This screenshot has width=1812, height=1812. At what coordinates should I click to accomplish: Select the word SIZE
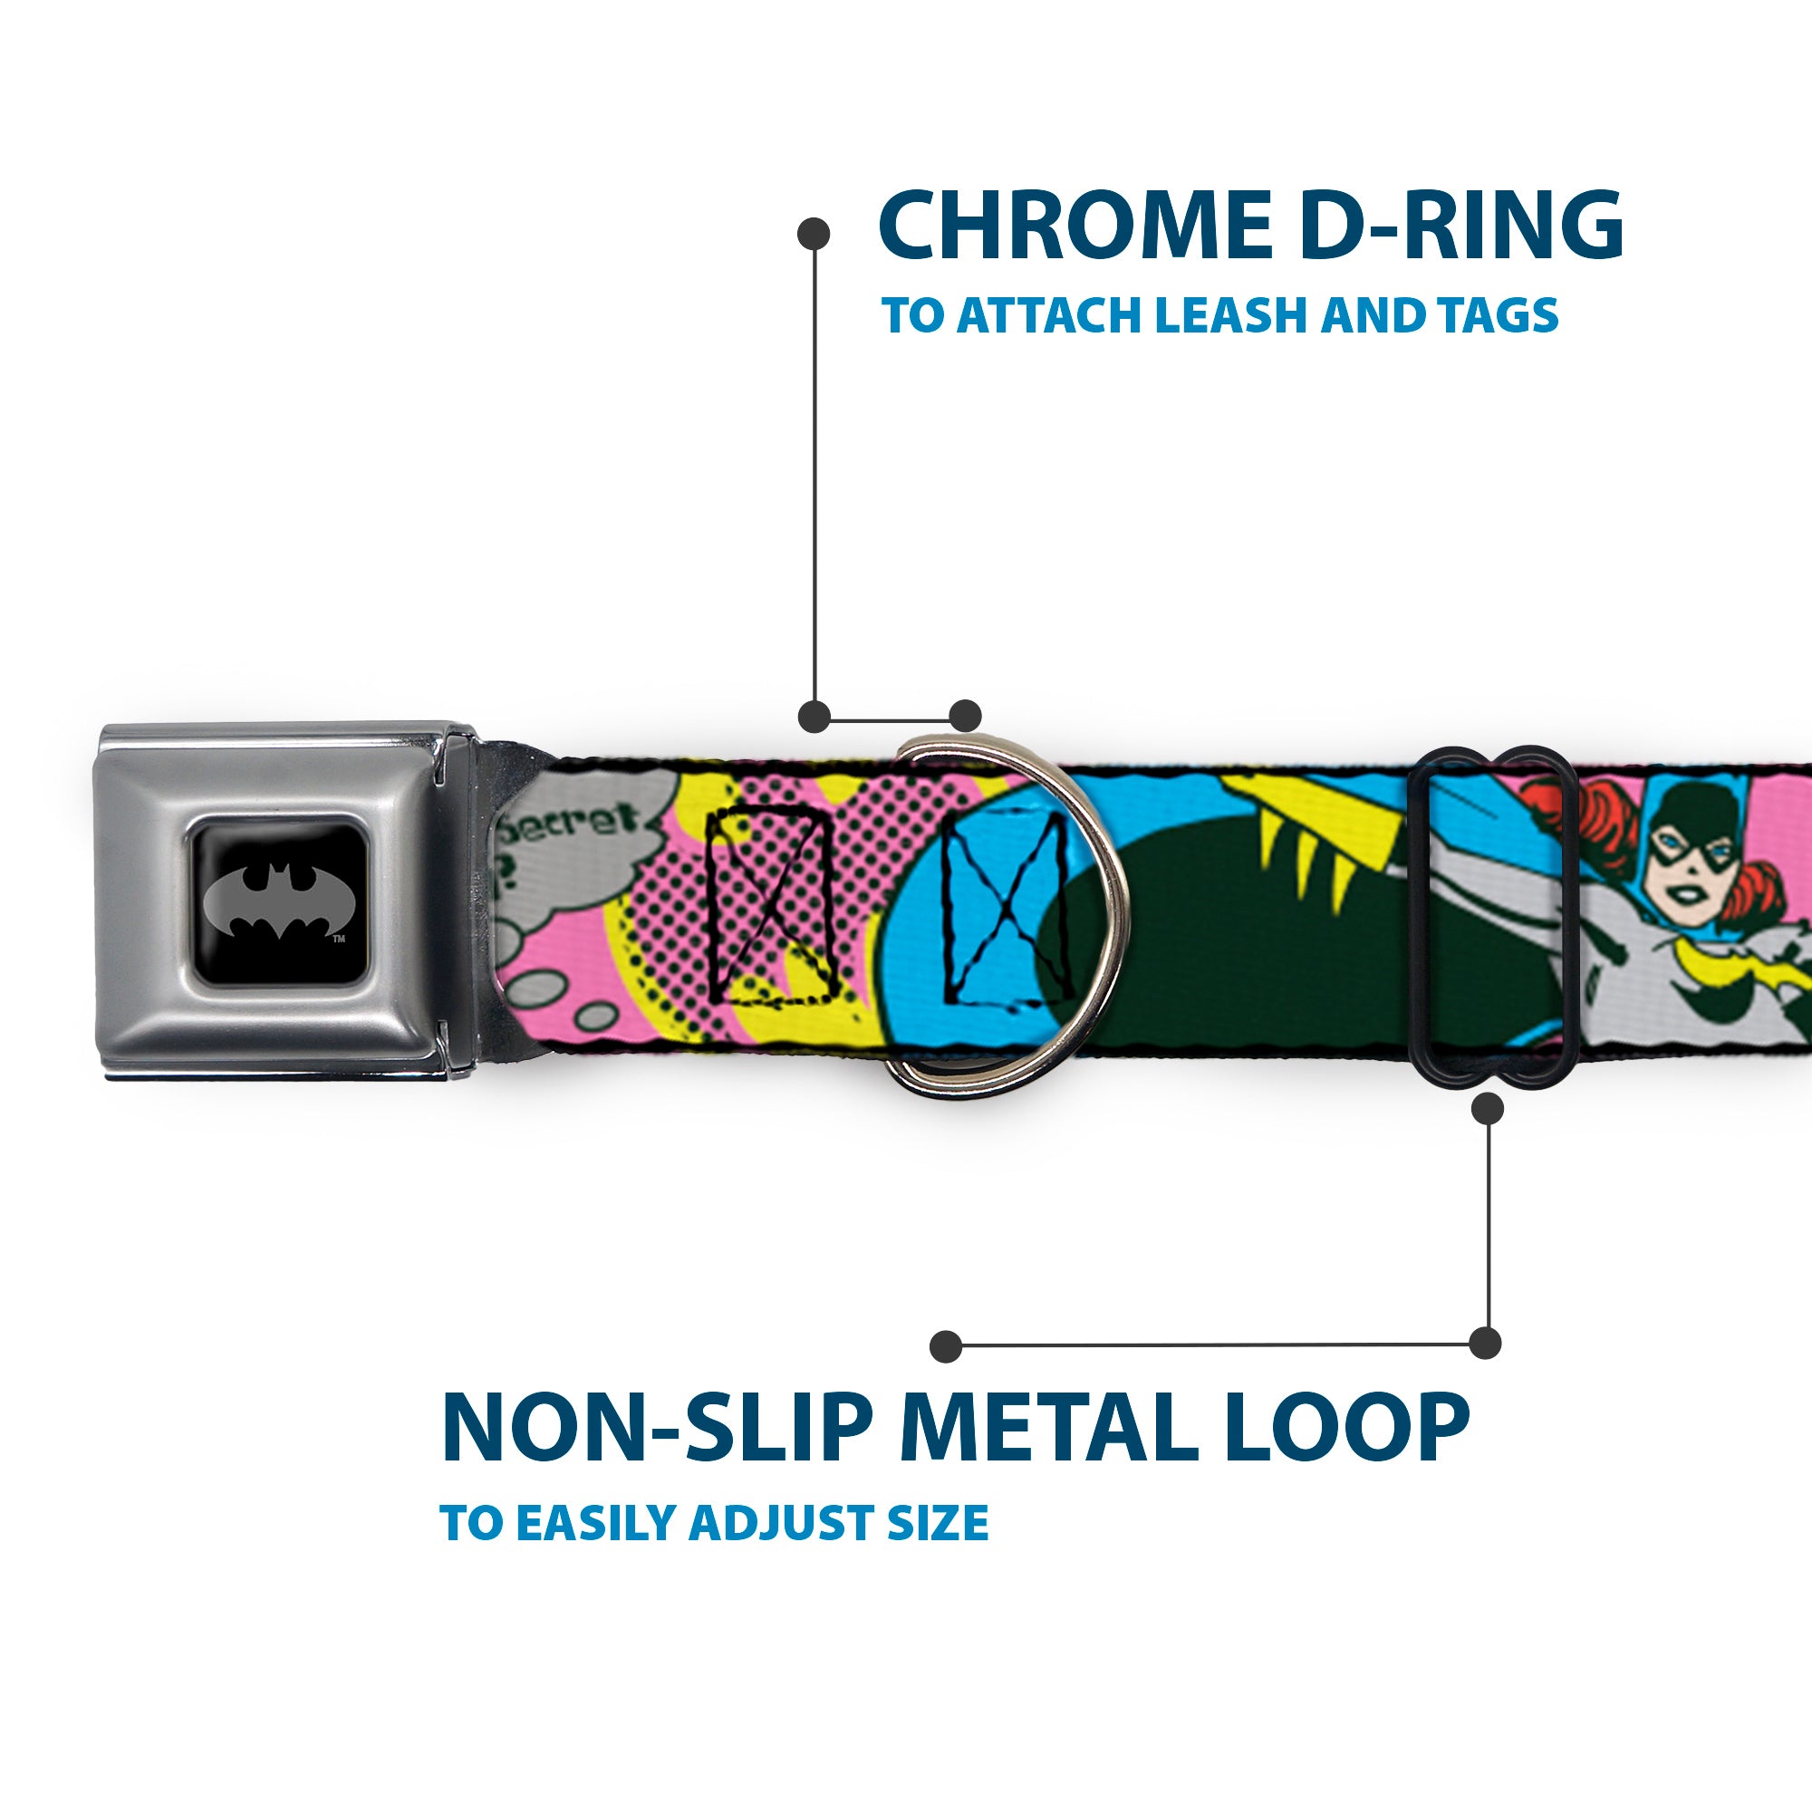tap(940, 1523)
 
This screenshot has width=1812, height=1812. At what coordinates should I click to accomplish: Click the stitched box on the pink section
tap(771, 906)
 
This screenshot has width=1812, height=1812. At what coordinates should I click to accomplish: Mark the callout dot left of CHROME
tap(814, 234)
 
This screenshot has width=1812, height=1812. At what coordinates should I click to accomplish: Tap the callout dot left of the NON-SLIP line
tap(947, 1347)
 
